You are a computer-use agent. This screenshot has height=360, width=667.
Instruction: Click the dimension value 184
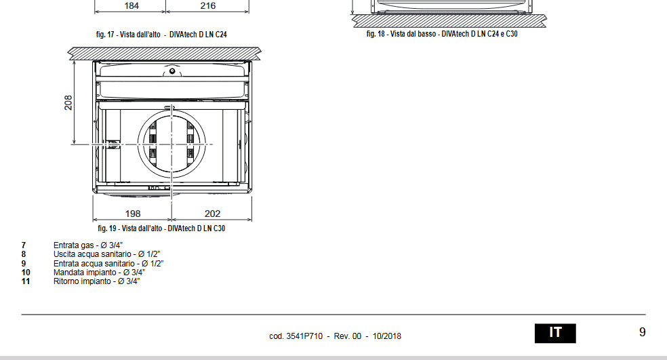point(132,5)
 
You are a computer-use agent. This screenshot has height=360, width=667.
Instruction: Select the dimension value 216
point(207,5)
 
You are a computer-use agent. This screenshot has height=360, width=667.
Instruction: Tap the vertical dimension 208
point(68,102)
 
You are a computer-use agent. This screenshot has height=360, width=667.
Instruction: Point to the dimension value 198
point(133,213)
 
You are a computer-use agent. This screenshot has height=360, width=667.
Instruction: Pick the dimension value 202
point(212,213)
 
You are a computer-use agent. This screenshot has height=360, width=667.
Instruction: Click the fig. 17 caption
point(161,35)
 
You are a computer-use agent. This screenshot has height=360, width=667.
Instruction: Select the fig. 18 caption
point(442,34)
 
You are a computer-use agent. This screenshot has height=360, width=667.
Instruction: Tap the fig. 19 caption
point(161,228)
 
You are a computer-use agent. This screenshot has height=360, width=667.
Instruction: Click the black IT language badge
point(555,333)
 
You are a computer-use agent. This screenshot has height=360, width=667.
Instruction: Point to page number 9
point(643,332)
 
